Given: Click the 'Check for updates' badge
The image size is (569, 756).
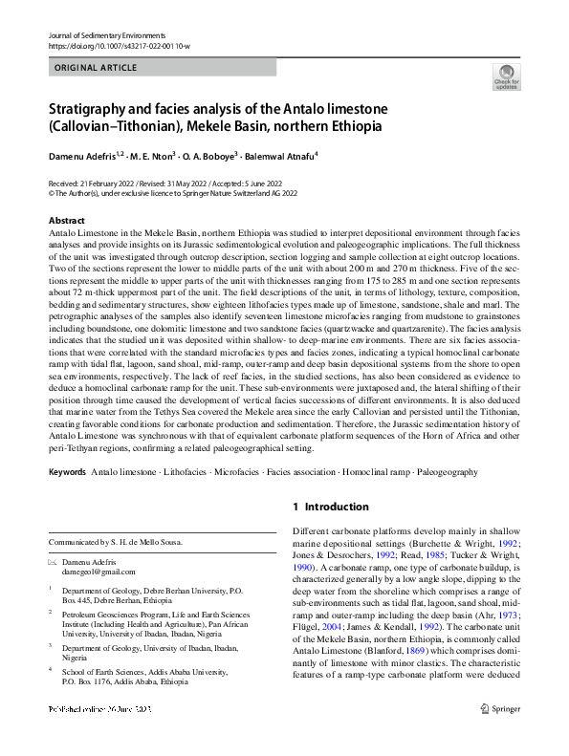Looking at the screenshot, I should pyautogui.click(x=505, y=77).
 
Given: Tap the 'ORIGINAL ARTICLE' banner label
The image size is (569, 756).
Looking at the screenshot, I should pyautogui.click(x=96, y=68).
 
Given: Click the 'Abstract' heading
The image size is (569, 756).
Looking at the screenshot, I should pyautogui.click(x=67, y=221).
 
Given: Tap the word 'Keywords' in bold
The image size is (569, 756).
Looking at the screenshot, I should pyautogui.click(x=68, y=473).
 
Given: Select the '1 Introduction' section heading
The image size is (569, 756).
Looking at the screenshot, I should pyautogui.click(x=330, y=507).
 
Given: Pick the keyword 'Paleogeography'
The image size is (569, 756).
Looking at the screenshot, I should pyautogui.click(x=452, y=473).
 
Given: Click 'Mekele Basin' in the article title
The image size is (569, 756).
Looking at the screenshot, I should pyautogui.click(x=226, y=126).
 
